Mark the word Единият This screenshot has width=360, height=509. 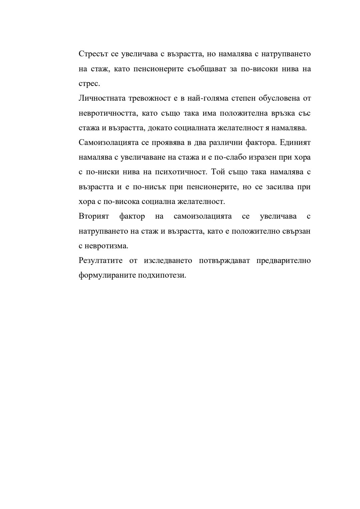pos(295,143)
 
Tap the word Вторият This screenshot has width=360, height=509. pos(94,216)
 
